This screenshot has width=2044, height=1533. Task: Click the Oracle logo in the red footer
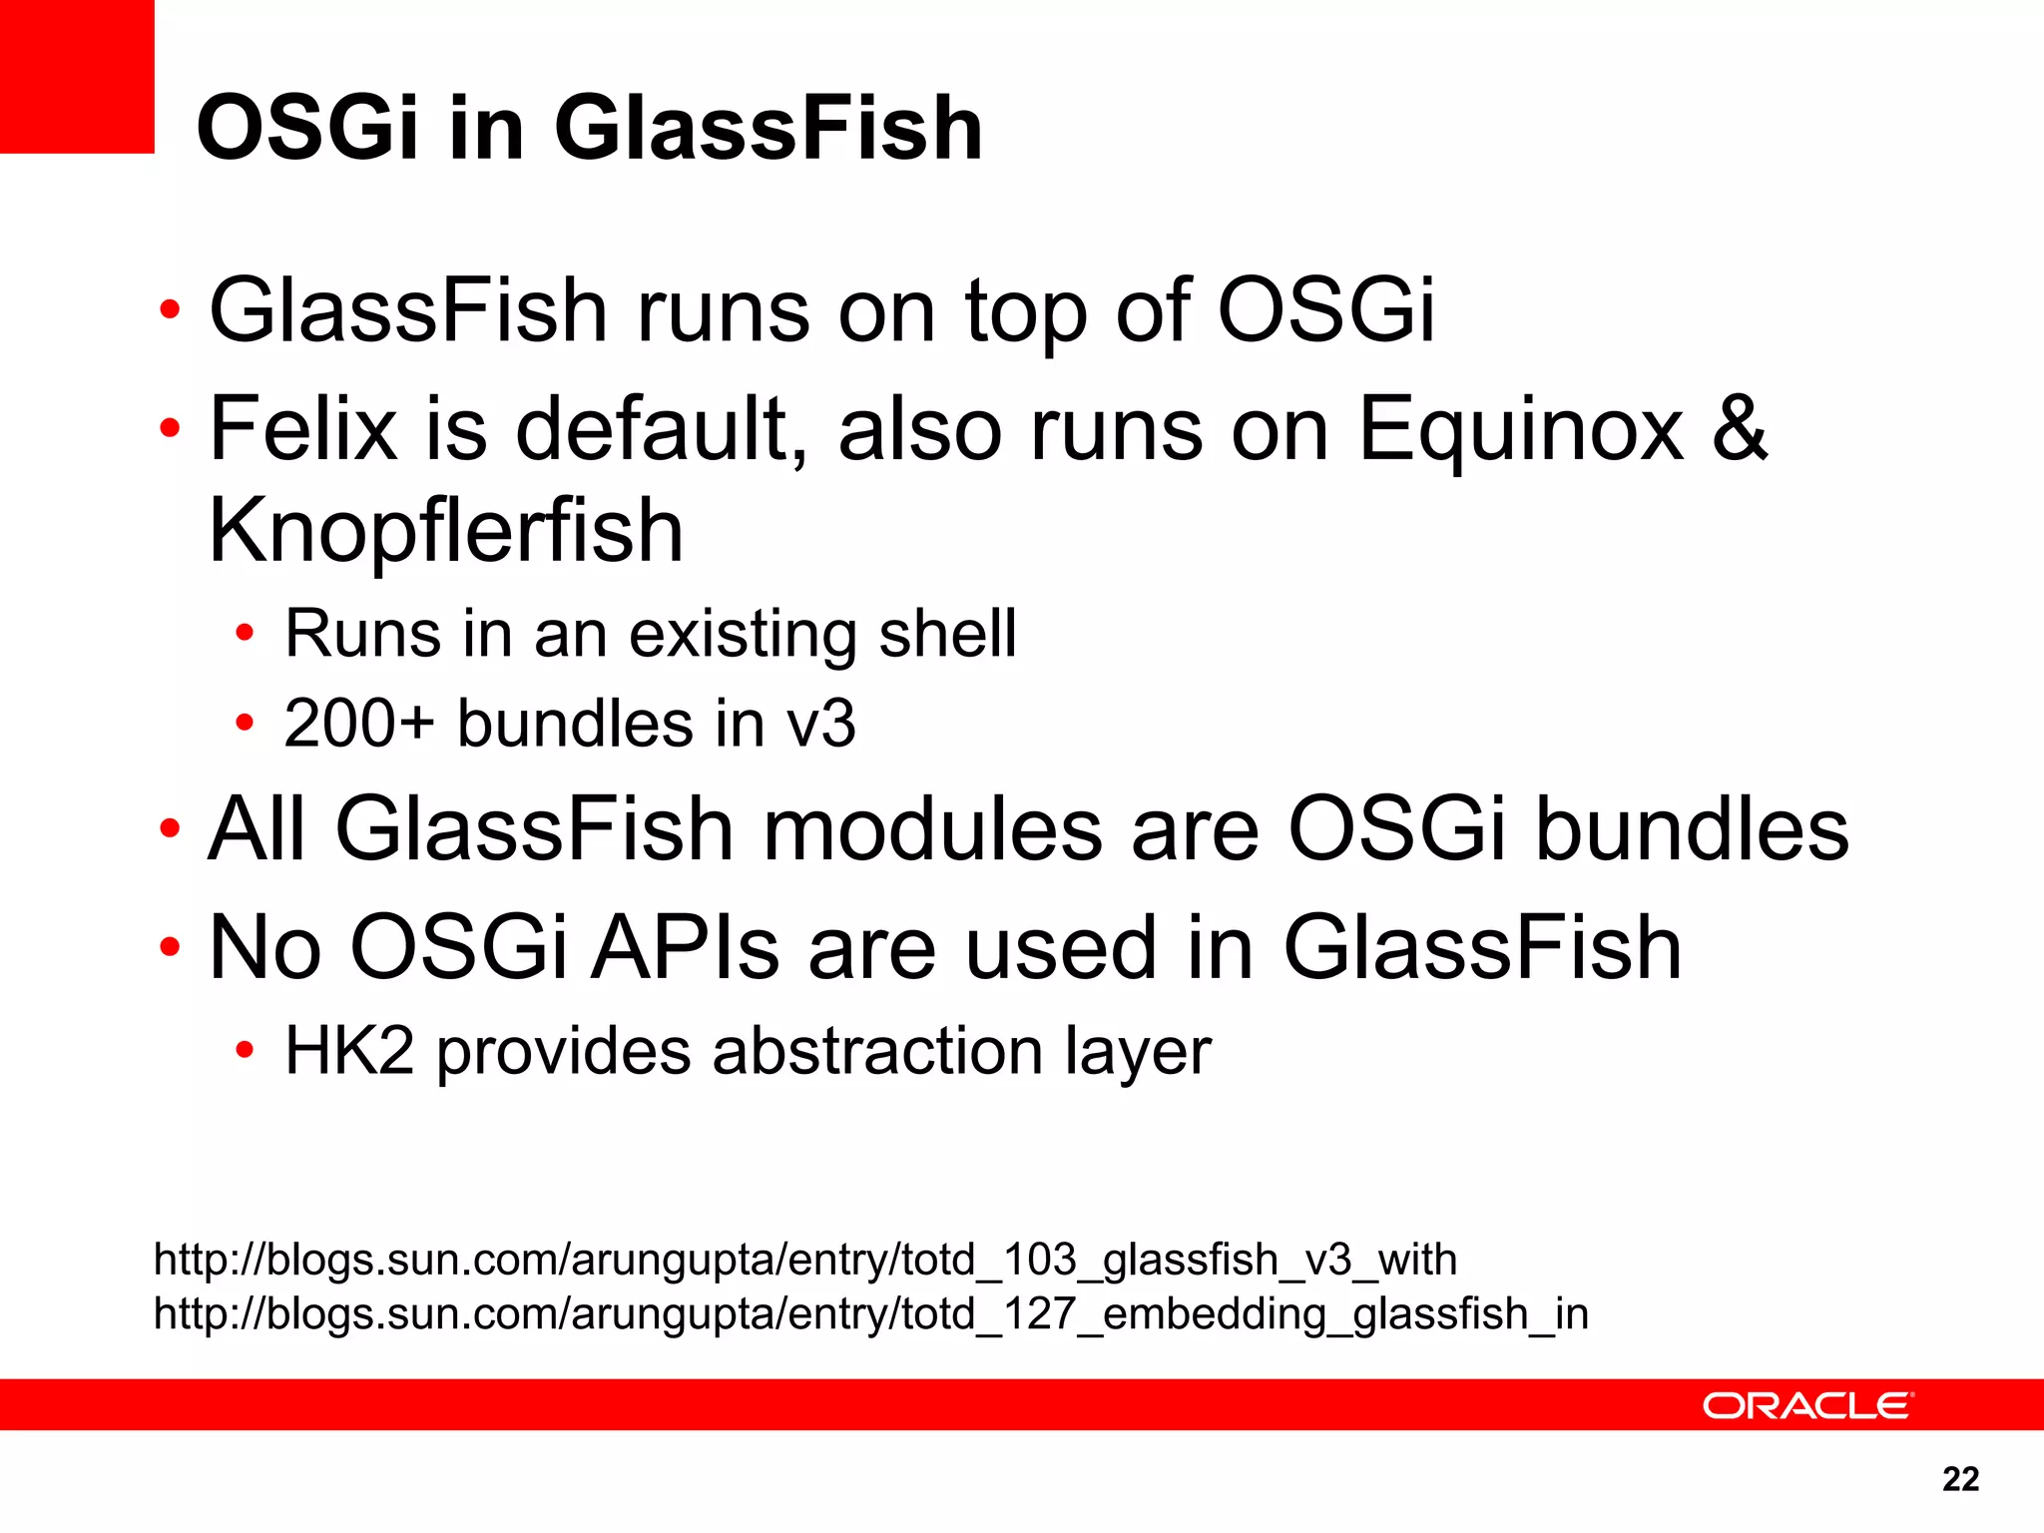click(1807, 1405)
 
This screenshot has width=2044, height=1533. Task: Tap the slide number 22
click(1960, 1478)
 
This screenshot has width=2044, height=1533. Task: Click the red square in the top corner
click(77, 76)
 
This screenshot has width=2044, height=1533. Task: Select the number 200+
click(359, 723)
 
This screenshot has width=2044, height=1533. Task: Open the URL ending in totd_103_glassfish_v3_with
click(804, 1260)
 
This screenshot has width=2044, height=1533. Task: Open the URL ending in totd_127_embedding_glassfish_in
click(870, 1313)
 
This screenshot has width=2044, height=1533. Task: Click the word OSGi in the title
click(306, 128)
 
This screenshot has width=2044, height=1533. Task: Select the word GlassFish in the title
click(768, 128)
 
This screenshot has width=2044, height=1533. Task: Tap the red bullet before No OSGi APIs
click(170, 947)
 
